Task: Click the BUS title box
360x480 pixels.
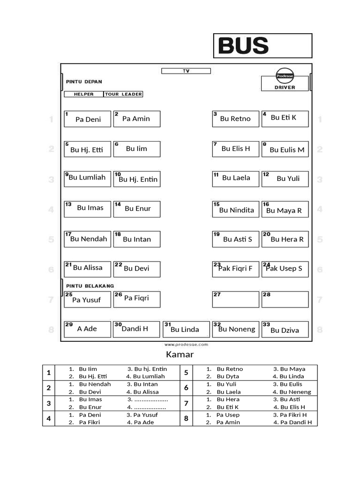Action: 262,46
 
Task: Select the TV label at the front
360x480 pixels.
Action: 186,71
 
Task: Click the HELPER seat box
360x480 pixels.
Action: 83,94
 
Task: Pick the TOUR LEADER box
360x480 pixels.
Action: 123,94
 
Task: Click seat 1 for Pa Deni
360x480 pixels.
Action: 88,119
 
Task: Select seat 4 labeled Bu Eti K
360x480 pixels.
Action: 285,119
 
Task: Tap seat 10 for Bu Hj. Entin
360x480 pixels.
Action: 137,179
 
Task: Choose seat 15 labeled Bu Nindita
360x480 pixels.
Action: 235,209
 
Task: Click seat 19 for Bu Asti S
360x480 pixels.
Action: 235,239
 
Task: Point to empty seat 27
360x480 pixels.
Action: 235,299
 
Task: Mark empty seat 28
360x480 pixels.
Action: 285,299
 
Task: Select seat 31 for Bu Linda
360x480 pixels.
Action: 186,329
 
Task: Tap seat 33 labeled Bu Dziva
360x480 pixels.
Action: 285,329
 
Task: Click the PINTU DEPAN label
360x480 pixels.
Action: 84,82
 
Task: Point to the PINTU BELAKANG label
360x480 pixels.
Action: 90,285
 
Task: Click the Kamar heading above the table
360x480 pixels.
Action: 180,355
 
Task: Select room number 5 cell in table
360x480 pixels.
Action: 186,373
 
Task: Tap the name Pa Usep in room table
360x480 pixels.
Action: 228,415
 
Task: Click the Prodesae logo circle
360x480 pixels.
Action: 285,75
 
